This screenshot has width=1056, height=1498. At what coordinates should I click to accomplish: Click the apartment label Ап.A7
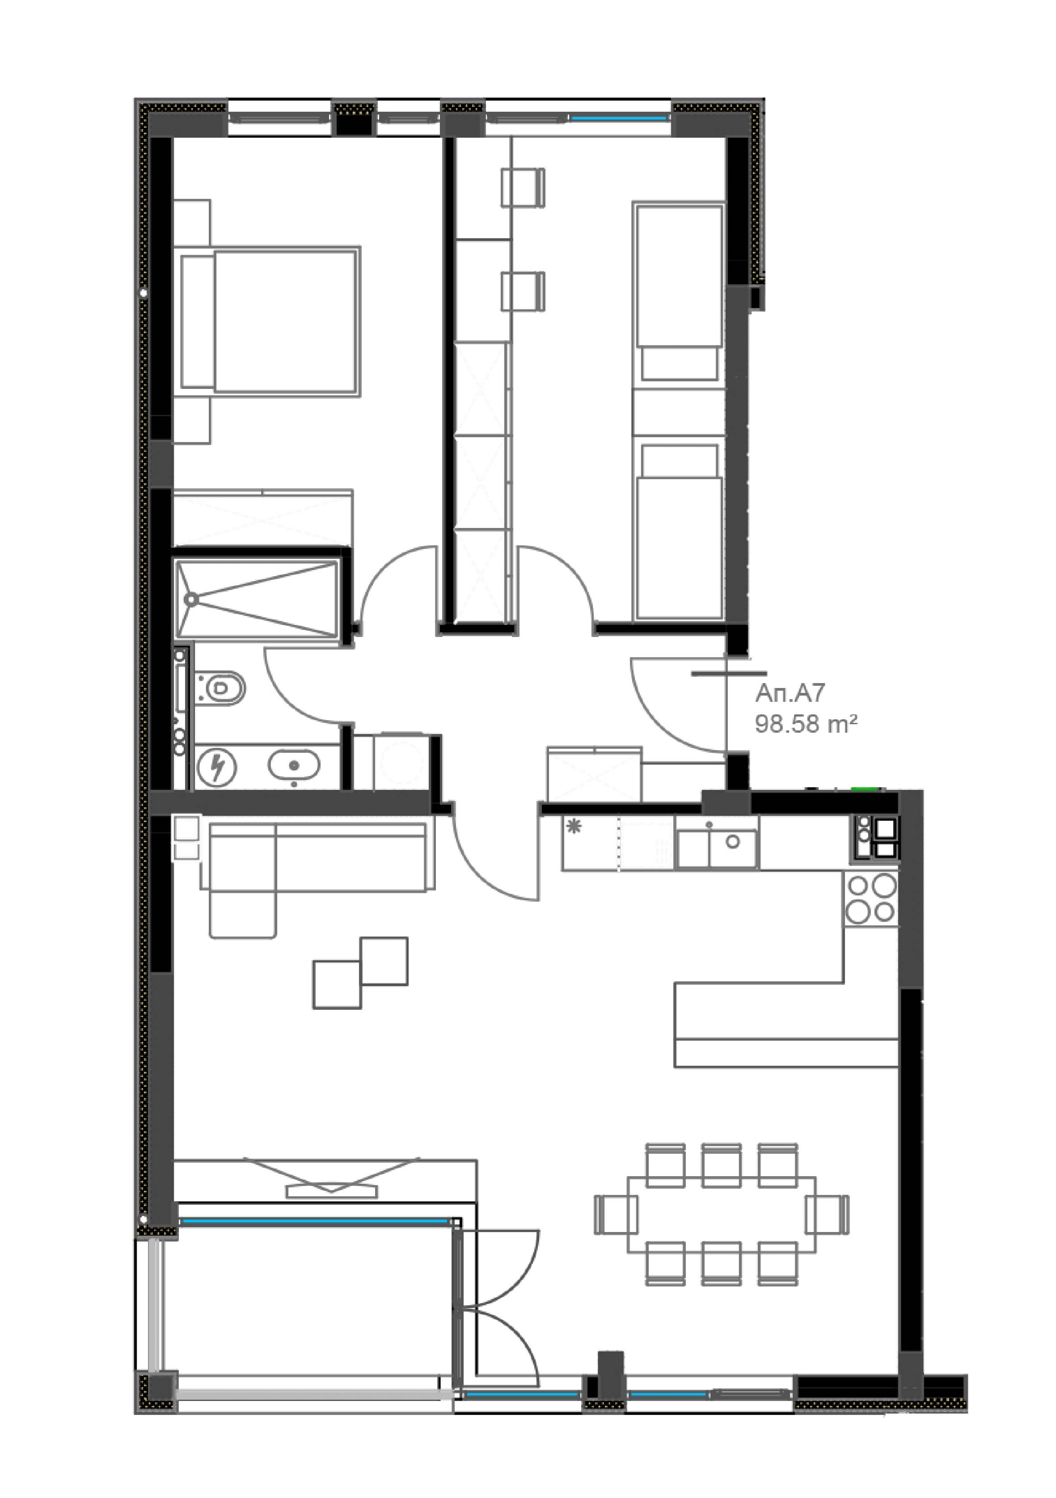[x=790, y=693]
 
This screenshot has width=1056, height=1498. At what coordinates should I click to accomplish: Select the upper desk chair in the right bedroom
[x=523, y=188]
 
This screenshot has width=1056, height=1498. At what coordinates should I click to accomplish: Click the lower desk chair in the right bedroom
[x=523, y=291]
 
